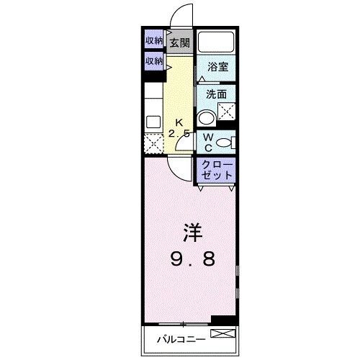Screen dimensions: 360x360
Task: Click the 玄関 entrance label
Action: (179, 42)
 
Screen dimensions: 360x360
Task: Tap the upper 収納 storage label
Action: (154, 40)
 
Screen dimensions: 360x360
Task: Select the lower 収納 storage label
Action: (154, 61)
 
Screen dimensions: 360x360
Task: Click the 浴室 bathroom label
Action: (217, 67)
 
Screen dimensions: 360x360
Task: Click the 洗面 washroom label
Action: (217, 94)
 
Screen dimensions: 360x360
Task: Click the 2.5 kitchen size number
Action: (179, 134)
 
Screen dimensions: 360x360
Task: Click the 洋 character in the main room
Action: (192, 232)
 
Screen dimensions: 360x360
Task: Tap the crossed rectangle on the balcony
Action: (222, 333)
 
